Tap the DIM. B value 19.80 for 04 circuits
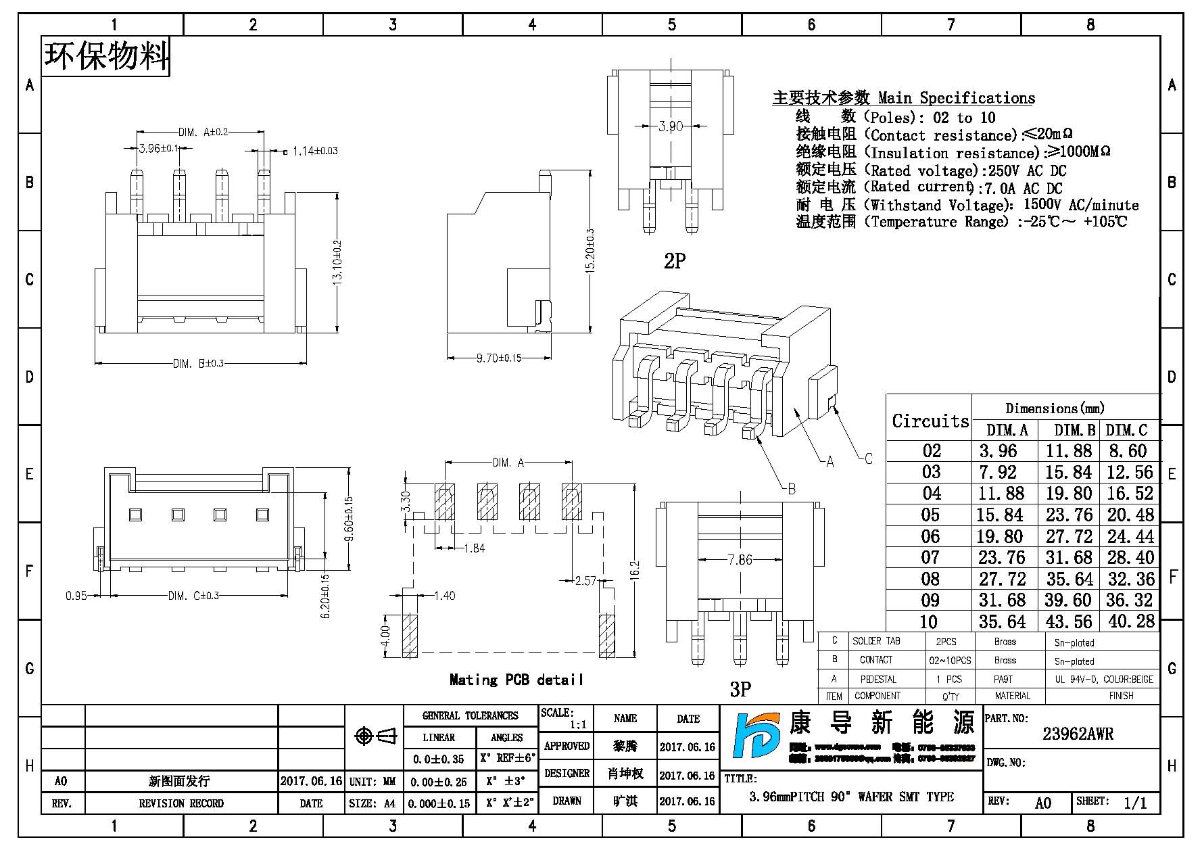1069,494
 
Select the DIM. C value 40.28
1131,621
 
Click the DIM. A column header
1007,430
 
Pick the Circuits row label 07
930,558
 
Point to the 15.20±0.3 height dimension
590,250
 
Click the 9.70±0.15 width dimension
499,358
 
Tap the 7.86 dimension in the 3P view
740,560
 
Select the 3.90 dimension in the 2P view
670,126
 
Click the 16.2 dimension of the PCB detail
633,570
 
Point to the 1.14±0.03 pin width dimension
314,151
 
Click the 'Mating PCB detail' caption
516,680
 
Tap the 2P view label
675,261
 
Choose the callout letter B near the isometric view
792,489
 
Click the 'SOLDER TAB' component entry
876,641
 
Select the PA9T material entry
1004,679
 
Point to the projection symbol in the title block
375,736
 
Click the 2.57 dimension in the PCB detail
585,581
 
